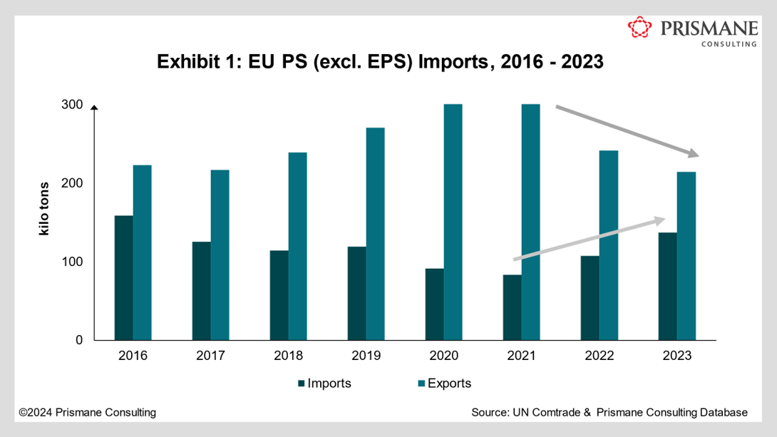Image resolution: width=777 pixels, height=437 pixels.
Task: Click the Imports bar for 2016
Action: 123,277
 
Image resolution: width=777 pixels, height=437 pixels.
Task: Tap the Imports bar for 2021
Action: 512,307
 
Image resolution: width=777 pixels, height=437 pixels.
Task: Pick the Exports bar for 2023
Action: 686,256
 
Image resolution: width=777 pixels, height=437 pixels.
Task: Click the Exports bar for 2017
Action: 220,255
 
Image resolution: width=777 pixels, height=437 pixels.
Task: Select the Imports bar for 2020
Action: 434,304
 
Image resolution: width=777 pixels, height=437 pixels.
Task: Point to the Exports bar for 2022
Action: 608,245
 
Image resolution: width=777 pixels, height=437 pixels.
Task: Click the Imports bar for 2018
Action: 279,295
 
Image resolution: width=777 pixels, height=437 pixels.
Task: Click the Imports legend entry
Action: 324,384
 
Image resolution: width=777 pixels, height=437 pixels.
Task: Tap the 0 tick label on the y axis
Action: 78,340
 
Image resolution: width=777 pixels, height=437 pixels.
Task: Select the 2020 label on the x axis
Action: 443,356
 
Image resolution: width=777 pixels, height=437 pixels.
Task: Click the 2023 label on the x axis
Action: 676,356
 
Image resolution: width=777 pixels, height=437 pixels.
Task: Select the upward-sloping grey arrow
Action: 589,240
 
